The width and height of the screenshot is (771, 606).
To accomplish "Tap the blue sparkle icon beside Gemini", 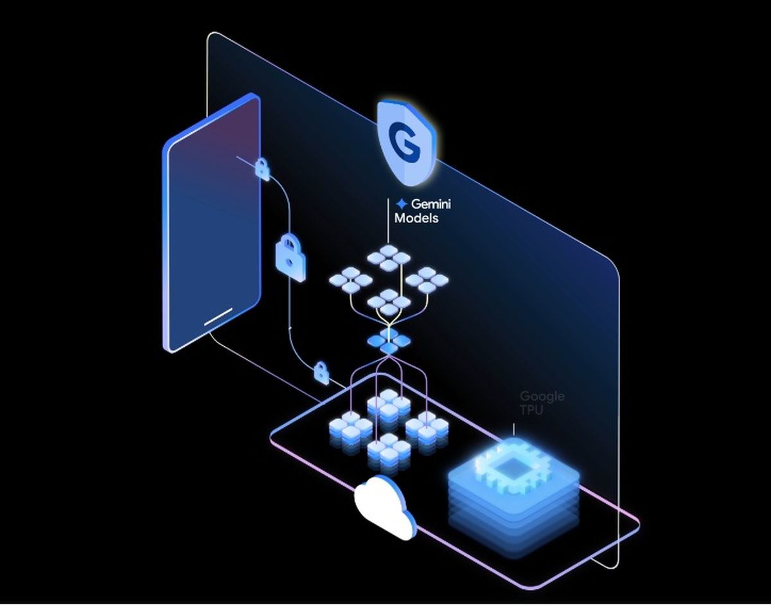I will point(402,204).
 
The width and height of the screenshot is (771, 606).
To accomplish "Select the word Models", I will point(416,218).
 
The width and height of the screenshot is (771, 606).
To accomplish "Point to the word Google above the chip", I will point(542,397).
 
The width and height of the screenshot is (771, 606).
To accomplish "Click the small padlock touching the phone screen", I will point(261,168).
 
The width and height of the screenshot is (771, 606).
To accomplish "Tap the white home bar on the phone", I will point(218,317).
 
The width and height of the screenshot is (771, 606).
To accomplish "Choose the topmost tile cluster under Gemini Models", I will point(388,258).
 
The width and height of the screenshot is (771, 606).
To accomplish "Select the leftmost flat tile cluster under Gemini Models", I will point(350,280).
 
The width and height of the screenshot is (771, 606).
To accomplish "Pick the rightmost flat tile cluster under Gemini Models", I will point(427,280).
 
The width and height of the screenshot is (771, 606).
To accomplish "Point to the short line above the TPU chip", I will point(513,429).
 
